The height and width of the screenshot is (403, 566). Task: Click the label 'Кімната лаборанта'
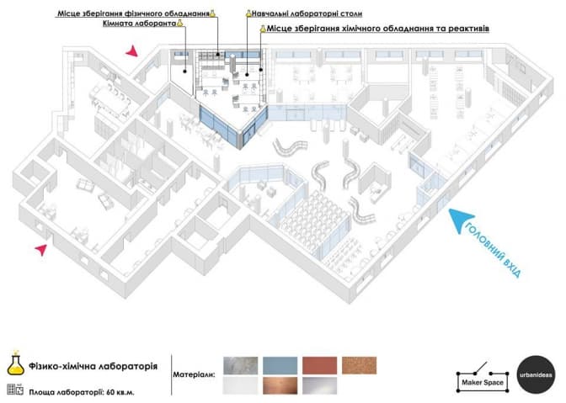point(139,24)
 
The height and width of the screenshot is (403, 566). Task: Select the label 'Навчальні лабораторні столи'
point(307,13)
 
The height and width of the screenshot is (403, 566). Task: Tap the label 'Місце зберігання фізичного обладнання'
point(134,13)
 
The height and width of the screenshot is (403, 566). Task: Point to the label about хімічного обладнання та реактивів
point(378,29)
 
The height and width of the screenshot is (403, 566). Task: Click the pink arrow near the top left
point(132,51)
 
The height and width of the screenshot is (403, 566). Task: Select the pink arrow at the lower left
point(41,249)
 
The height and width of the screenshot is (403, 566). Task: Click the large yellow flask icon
point(15,363)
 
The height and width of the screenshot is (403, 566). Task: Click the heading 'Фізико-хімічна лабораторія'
point(93,366)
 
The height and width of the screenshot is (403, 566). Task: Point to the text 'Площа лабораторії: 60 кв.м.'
point(82,392)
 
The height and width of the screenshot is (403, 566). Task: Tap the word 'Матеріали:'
point(194,374)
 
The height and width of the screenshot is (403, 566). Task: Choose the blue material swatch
point(280,365)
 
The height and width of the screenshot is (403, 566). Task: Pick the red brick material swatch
point(319,365)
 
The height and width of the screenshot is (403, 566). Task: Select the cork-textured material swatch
point(359,365)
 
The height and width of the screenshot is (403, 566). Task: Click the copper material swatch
point(280,385)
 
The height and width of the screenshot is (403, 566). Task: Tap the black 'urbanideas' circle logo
point(536,374)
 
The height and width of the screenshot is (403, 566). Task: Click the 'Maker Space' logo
point(483,378)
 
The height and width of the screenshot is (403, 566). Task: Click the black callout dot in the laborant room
point(184,72)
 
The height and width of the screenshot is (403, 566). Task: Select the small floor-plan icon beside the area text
point(15,390)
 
